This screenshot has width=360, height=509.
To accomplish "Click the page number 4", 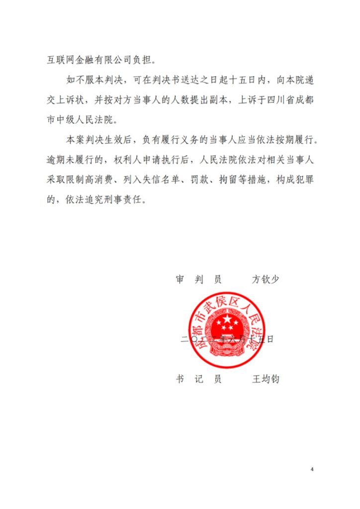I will tap(312, 469).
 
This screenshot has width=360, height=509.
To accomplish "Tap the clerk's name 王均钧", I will tap(266, 379).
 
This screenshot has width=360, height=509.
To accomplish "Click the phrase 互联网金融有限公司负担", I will tap(99, 62).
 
